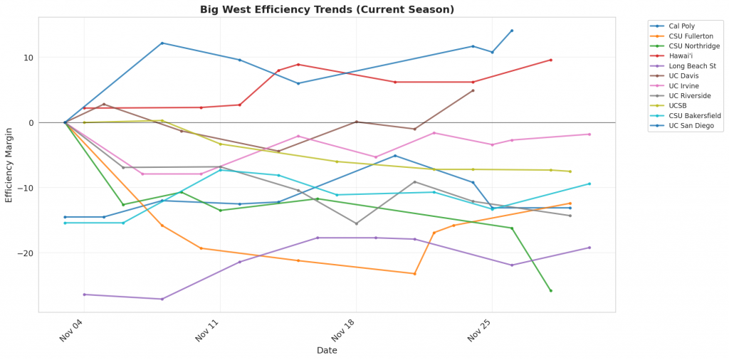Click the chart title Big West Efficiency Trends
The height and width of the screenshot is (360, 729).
click(x=327, y=9)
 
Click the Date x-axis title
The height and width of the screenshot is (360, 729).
click(x=327, y=350)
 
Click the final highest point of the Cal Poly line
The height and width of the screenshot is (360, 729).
click(x=511, y=31)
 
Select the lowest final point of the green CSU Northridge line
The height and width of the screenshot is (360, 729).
click(x=550, y=290)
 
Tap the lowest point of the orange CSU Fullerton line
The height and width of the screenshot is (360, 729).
click(x=414, y=274)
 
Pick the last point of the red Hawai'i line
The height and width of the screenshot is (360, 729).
click(x=550, y=60)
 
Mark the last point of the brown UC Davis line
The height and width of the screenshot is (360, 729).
click(x=473, y=90)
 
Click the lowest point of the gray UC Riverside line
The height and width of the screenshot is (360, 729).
click(x=356, y=223)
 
